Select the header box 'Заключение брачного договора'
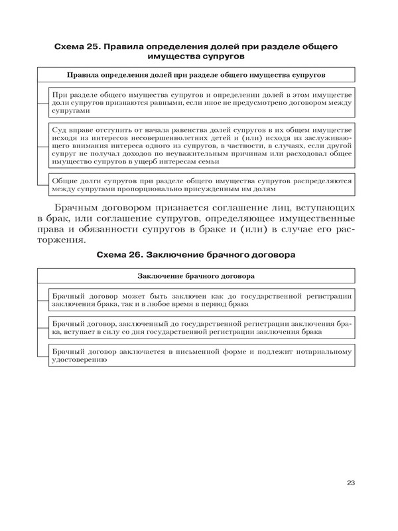(198, 275)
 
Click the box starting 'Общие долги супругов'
(201, 184)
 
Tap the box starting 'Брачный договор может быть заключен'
(201, 298)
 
